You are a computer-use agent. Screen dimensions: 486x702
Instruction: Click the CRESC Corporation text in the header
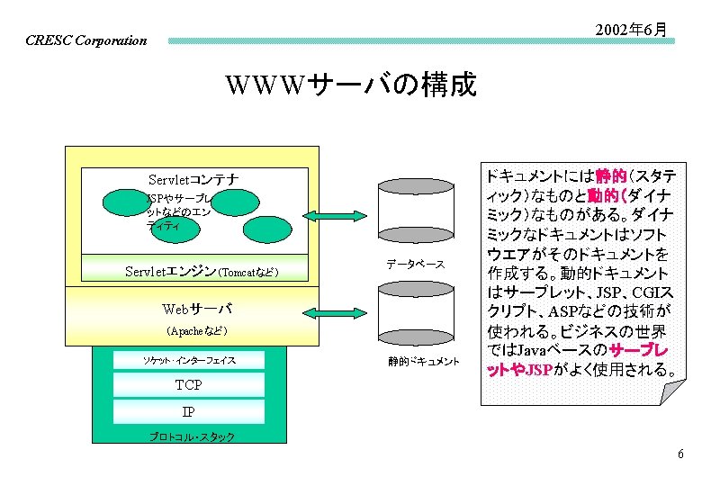click(x=86, y=40)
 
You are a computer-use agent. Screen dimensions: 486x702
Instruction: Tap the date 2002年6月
click(x=632, y=31)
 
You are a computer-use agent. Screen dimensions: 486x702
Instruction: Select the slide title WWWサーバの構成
click(x=351, y=85)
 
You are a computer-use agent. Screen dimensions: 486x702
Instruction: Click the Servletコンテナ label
click(x=193, y=179)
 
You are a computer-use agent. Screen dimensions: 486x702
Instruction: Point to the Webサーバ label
click(x=196, y=309)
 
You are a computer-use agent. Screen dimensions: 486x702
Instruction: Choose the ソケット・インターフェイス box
click(x=189, y=361)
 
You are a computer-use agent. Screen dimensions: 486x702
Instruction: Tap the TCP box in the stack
click(x=189, y=385)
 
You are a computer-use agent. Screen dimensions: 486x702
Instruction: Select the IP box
click(x=189, y=412)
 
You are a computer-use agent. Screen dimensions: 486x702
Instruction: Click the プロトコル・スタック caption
click(x=192, y=437)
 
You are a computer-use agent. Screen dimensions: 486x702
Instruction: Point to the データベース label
click(x=415, y=264)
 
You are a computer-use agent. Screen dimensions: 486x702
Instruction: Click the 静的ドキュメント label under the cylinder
click(x=424, y=362)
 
